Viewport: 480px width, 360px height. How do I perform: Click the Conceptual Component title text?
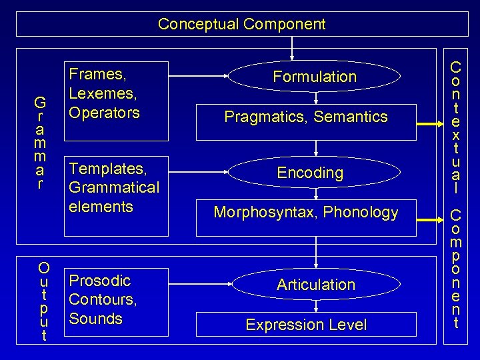coord(241,25)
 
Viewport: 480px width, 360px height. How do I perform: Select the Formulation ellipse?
coord(315,77)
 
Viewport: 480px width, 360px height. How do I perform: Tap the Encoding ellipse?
coord(310,173)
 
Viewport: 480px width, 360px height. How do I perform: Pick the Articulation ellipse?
coord(315,285)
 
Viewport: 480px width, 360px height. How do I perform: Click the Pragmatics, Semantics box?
coord(306,117)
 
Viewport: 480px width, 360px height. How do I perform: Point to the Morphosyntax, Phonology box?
coord(306,213)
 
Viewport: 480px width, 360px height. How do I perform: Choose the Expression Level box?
coord(306,325)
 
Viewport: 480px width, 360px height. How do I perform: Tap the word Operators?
coord(104,112)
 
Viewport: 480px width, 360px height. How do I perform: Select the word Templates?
coord(107,168)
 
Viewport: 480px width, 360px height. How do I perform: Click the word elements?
coord(101,207)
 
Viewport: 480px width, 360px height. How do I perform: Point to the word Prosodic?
coord(99,280)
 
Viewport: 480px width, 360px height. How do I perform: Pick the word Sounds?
coord(95,319)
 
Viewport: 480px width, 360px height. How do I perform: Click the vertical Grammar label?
coord(41,143)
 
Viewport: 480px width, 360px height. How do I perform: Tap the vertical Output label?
coord(44,302)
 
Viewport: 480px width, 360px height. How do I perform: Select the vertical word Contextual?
coord(456,127)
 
